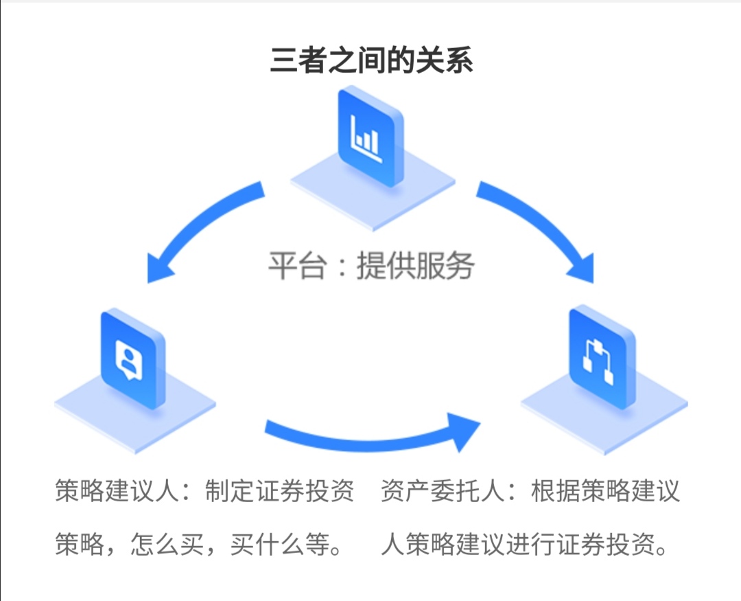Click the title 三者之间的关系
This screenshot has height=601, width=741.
pyautogui.click(x=370, y=60)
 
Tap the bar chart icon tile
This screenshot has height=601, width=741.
pyautogui.click(x=369, y=137)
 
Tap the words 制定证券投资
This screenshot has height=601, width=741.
pyautogui.click(x=279, y=492)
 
